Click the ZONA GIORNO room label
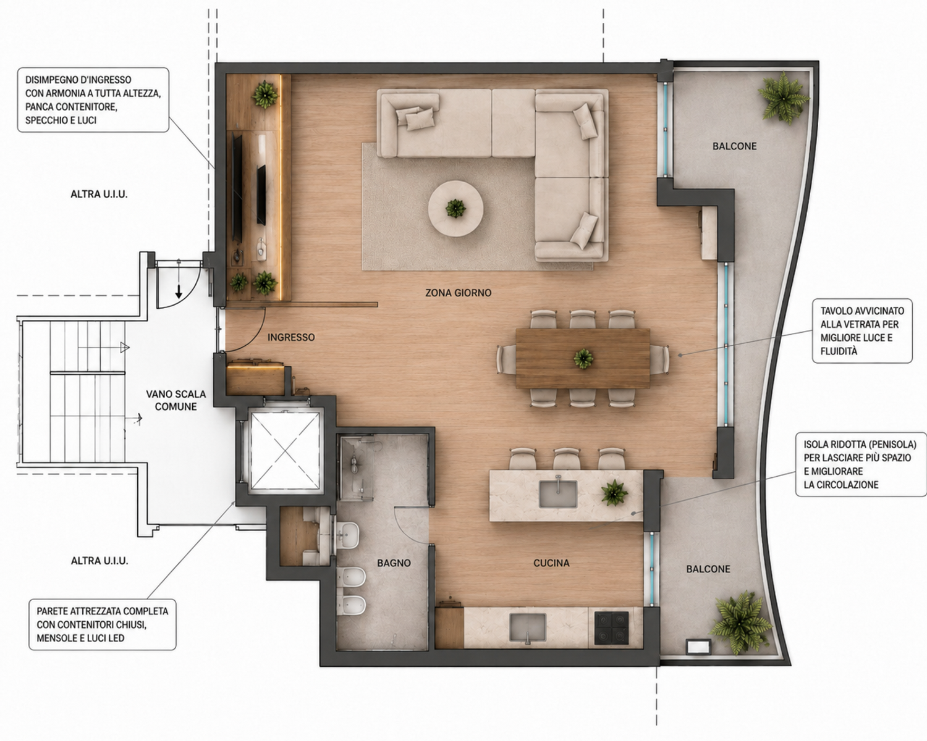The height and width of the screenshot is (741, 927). tap(459, 293)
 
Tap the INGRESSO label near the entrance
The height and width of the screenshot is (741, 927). tap(291, 337)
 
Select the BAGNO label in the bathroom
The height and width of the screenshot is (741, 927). tap(394, 563)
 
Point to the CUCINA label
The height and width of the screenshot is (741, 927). tap(551, 563)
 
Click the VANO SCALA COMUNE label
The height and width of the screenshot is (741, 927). tap(176, 400)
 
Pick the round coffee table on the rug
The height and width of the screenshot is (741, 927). tap(455, 208)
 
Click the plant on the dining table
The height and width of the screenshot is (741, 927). tap(583, 358)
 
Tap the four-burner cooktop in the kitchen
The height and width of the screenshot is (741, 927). tap(611, 628)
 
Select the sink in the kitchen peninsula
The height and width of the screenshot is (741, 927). tap(558, 493)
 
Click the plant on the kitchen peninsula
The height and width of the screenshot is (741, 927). tap(614, 493)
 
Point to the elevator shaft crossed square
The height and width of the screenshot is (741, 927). tap(285, 451)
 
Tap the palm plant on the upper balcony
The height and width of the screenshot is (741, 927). tap(784, 99)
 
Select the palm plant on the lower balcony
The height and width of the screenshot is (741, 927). tap(741, 621)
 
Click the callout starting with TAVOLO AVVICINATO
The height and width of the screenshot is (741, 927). tap(862, 331)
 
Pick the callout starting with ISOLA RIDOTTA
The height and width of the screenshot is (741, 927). tap(861, 464)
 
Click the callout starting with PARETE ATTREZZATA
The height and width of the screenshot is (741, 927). tap(103, 624)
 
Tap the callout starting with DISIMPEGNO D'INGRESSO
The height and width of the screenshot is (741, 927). tap(93, 99)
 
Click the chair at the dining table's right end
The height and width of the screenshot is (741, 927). tap(659, 359)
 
